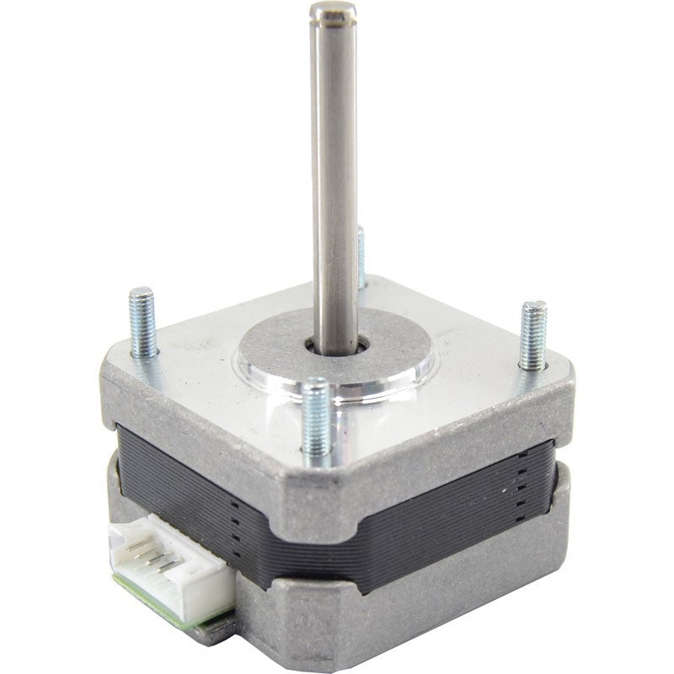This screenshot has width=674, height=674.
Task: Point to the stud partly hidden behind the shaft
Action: pyautogui.click(x=361, y=257)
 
